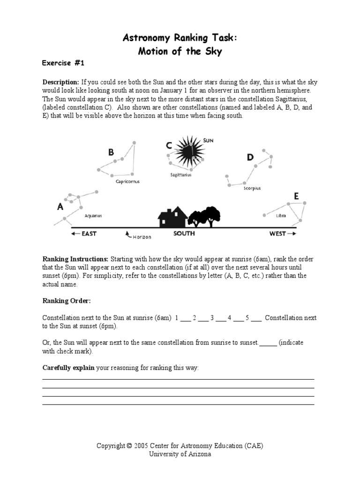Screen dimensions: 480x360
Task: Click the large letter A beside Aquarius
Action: [60, 207]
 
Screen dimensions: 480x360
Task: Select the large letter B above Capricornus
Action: [111, 152]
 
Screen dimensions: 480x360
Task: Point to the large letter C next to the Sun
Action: [168, 146]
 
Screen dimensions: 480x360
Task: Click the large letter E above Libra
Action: [296, 196]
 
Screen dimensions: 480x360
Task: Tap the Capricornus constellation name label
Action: [127, 181]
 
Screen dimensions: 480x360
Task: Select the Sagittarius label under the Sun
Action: [180, 175]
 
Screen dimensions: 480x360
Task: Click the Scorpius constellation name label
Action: [252, 188]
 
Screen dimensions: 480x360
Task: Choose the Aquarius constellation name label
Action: [93, 216]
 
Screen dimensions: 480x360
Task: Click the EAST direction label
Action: [89, 233]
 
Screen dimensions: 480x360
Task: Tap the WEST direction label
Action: [277, 233]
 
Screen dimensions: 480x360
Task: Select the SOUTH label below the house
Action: [184, 233]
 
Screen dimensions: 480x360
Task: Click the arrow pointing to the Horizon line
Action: [128, 234]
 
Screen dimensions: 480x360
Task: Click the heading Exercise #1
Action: [63, 62]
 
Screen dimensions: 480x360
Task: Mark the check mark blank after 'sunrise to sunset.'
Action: [268, 343]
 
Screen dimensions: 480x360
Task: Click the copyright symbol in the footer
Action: [128, 446]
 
